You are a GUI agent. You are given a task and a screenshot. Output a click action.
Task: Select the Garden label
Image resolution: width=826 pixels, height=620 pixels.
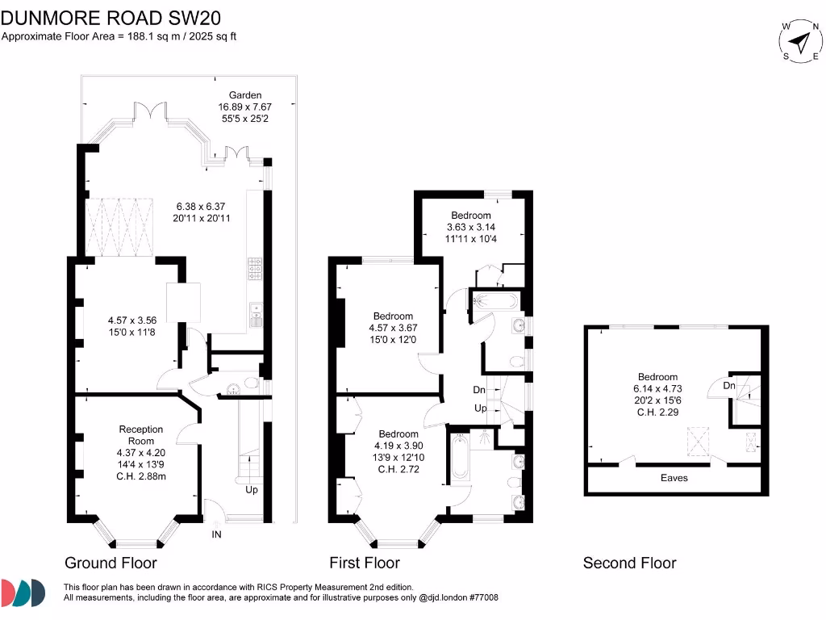point(245,95)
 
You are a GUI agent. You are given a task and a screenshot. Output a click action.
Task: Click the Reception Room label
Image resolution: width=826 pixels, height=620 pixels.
point(141,435)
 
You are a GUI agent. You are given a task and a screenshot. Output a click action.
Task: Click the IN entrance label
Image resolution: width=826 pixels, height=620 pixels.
point(216,534)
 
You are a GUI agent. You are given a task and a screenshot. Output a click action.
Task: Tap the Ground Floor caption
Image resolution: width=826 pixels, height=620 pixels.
point(111,563)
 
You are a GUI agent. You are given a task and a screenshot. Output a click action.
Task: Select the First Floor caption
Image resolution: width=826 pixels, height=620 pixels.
point(365,563)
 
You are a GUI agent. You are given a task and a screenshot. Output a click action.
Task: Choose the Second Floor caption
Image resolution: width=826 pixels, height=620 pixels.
point(630,563)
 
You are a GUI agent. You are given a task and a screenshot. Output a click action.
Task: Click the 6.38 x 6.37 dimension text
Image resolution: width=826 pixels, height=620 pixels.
point(202,206)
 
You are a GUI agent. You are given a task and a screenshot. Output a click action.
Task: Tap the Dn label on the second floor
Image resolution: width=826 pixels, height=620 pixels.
point(729,386)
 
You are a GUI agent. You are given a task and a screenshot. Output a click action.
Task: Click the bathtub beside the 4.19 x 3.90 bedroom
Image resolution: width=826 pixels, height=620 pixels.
point(459,457)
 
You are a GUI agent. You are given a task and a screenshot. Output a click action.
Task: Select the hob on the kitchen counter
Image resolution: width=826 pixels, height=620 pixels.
point(257,269)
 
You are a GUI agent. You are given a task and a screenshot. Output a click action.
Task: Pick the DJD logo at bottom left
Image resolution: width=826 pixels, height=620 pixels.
point(23,592)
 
